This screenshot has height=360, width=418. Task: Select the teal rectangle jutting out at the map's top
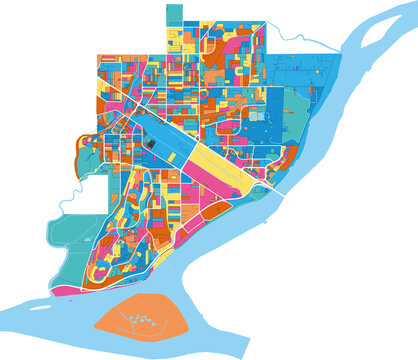coord(174,13)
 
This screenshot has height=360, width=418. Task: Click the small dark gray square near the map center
coord(152,144)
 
